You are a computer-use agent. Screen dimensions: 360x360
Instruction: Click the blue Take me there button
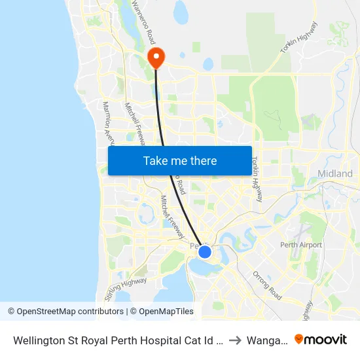click(180, 160)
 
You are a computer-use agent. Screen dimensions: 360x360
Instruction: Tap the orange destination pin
click(156, 58)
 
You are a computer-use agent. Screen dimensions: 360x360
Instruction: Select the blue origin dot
click(205, 252)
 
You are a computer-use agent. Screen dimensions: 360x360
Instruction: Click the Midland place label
click(334, 173)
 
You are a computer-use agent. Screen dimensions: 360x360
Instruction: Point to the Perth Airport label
click(300, 245)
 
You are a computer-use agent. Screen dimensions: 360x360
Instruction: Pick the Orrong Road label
click(267, 285)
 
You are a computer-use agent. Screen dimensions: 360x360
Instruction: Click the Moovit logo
click(321, 339)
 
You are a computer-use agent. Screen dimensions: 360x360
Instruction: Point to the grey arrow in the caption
click(236, 340)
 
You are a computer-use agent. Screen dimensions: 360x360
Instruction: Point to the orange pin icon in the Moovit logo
click(299, 339)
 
